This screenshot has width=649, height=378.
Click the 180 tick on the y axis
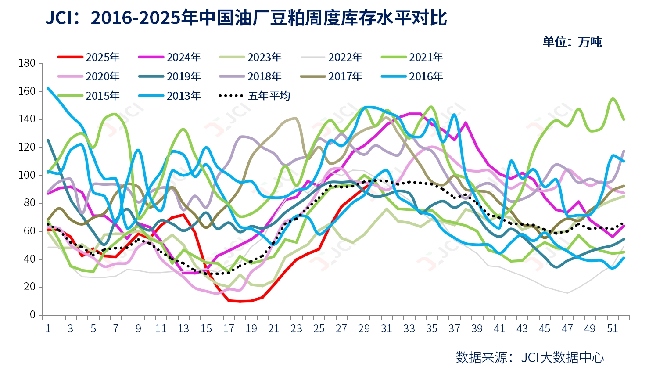point(27,63)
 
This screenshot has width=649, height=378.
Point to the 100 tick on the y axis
point(27,175)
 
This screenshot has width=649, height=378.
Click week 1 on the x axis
point(48,328)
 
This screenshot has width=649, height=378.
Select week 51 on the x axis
point(612,328)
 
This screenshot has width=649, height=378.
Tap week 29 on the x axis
point(364,328)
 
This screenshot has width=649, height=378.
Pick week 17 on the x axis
point(229,328)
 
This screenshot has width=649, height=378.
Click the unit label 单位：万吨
point(572,42)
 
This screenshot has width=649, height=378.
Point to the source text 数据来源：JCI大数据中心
point(530,357)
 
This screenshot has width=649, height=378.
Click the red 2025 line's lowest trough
point(240,302)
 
